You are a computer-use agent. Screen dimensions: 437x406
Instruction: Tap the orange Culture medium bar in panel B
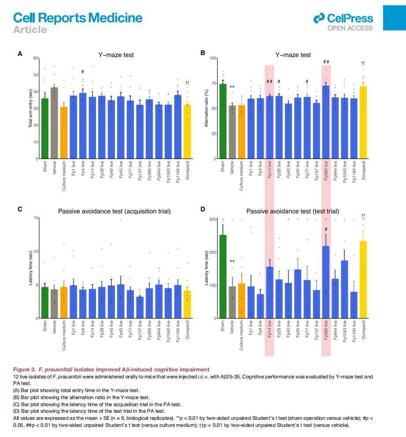[x=241, y=132]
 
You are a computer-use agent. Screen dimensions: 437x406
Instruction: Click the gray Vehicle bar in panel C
[x=54, y=304]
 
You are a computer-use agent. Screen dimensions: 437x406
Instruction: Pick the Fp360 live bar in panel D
[x=326, y=282]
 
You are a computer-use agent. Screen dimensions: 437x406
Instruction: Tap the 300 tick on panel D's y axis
[x=212, y=219]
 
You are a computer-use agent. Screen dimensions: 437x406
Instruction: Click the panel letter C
[x=20, y=209]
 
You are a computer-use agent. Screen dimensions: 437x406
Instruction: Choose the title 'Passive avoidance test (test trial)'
[x=293, y=211]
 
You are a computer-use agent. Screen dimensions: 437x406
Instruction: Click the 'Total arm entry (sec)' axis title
[x=31, y=108]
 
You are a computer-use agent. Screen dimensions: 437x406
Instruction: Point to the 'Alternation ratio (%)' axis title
[x=206, y=108]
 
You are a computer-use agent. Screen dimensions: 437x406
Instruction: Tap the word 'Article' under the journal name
[x=30, y=30]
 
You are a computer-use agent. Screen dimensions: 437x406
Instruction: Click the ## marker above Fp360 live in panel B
[x=326, y=62]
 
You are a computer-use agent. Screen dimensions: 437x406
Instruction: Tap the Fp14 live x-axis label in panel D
[x=269, y=335]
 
